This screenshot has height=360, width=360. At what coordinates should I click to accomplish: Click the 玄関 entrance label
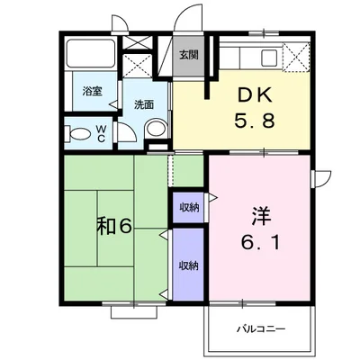[189, 55]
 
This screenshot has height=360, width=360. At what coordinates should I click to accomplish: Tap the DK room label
[255, 95]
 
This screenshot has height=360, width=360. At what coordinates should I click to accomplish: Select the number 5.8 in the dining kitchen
[255, 121]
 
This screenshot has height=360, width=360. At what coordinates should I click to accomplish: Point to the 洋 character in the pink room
[261, 216]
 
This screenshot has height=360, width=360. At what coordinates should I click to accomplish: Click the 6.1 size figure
[260, 242]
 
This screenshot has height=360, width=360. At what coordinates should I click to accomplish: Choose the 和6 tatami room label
[114, 227]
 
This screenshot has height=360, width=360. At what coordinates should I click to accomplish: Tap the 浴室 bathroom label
[92, 91]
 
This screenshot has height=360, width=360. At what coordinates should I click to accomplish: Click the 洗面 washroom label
[144, 104]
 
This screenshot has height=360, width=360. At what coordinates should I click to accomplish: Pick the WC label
[101, 133]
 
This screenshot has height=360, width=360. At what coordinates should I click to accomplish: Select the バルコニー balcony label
[261, 329]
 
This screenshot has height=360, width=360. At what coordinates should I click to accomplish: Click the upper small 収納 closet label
[189, 207]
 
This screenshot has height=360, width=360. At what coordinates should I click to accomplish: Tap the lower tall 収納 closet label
[189, 265]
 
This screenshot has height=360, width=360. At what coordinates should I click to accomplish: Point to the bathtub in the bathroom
[91, 53]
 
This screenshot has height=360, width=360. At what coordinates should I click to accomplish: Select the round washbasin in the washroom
[156, 130]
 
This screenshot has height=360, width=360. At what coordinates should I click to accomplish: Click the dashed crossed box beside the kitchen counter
[296, 57]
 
